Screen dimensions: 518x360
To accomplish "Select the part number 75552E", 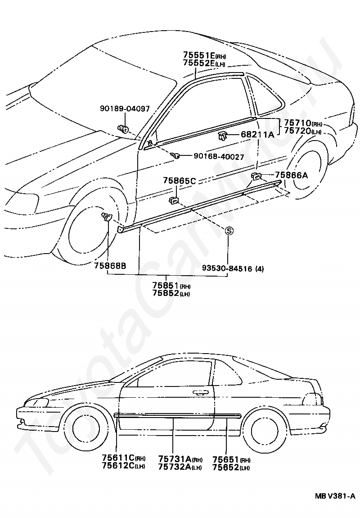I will (x=199, y=64).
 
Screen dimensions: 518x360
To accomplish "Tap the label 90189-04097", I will (x=125, y=109).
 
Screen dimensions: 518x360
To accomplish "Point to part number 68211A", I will (x=257, y=134).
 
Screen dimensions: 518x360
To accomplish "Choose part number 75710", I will (x=297, y=123).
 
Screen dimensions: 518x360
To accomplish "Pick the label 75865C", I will (x=179, y=181).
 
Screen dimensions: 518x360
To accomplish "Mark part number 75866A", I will (x=291, y=175).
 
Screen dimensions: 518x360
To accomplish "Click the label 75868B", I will (x=110, y=265).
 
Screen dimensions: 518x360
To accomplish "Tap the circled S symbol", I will (x=229, y=231).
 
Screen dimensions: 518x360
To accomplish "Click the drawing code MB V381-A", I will (x=335, y=496).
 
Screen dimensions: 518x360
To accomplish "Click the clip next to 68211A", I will (x=223, y=135).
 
